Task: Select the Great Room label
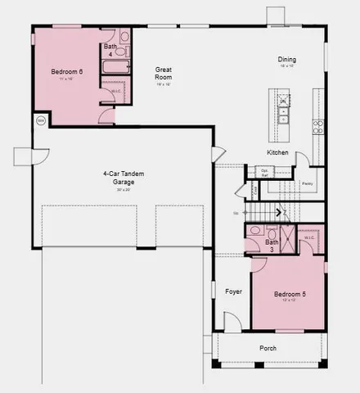tap(163, 75)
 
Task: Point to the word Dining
tap(286, 60)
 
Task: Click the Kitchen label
tap(277, 153)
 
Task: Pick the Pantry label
tap(308, 184)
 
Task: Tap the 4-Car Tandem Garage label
tap(118, 178)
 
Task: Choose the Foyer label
tap(234, 291)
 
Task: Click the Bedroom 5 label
tap(289, 295)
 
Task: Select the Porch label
tap(268, 349)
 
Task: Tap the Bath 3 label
tap(272, 245)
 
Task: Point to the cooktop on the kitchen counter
tap(318, 126)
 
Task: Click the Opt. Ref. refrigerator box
tap(265, 172)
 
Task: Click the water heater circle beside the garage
tap(40, 120)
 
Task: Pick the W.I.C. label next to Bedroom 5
tap(310, 237)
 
